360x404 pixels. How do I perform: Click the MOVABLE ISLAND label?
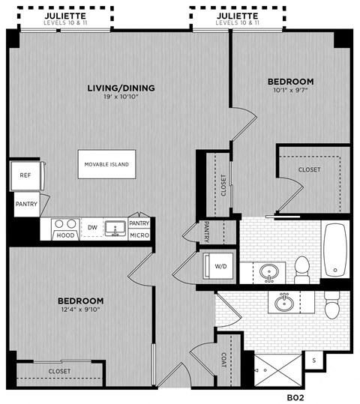point(105,163)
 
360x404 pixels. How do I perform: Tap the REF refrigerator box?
point(25,177)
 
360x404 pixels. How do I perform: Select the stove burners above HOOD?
point(64,223)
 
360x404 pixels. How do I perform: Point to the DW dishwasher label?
point(92,226)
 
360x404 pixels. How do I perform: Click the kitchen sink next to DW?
point(115,226)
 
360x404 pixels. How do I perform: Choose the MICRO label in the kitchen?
point(139,235)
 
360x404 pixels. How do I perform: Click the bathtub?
point(335,249)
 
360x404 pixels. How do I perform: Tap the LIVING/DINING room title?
point(121,88)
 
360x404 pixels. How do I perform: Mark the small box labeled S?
point(314,361)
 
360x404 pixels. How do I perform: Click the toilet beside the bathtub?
point(302,268)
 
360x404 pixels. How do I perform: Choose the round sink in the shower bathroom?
point(284,303)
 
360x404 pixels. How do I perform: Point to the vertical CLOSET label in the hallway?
point(223,185)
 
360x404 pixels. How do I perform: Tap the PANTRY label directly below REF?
point(25,203)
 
